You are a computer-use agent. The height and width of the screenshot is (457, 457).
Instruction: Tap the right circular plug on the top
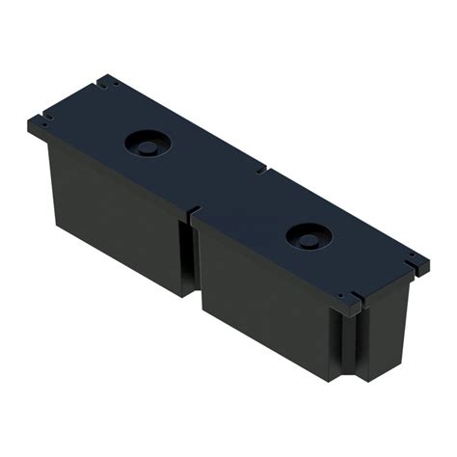point(308,234)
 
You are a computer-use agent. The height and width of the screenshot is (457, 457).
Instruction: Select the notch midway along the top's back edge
point(263,172)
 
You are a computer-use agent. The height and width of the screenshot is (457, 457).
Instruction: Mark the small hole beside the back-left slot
point(116,84)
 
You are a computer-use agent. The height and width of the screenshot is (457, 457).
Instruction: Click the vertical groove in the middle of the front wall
point(187,255)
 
